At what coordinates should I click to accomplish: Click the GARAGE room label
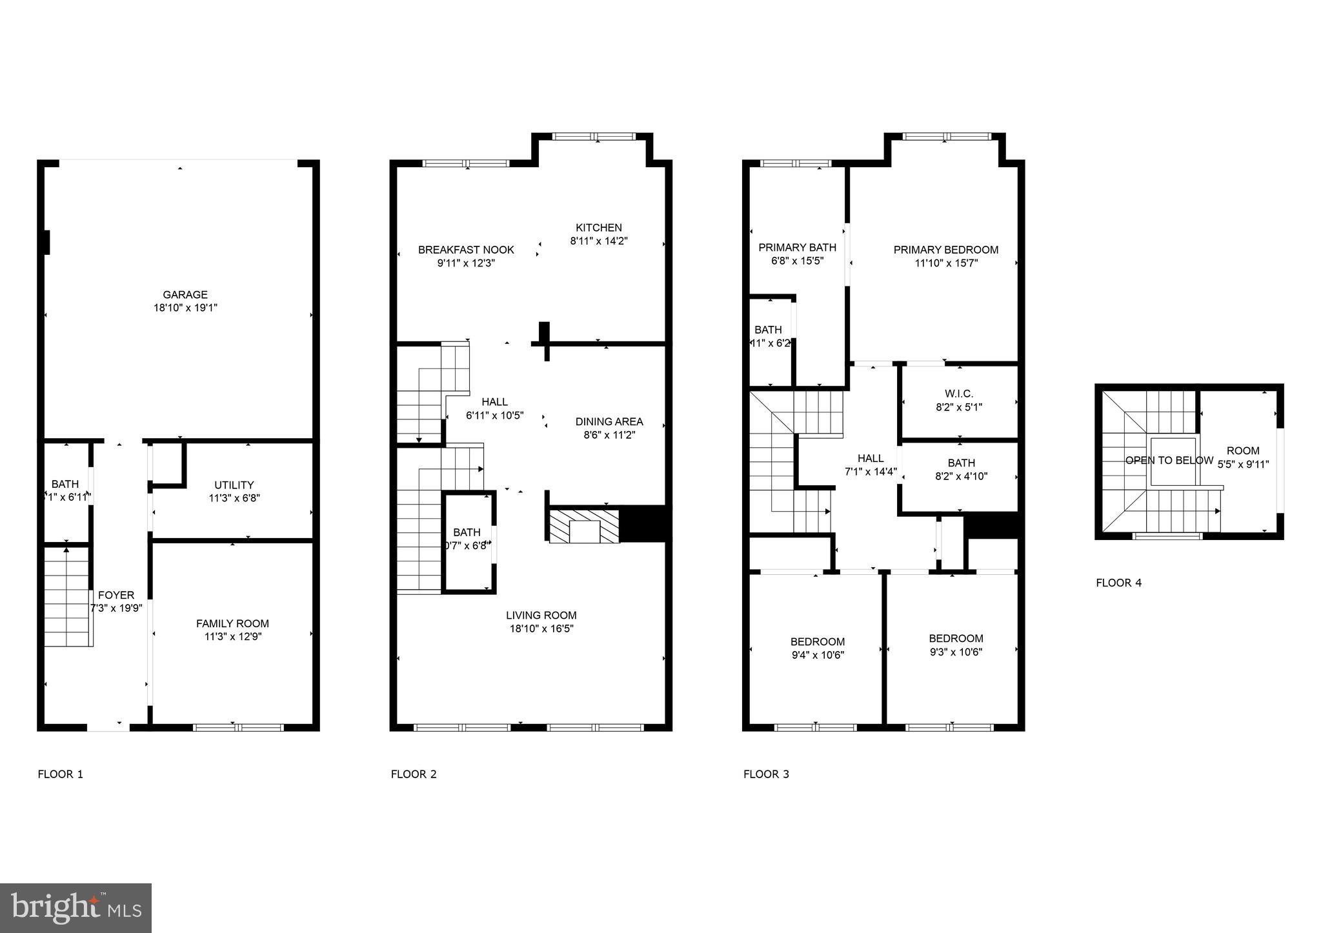click(185, 295)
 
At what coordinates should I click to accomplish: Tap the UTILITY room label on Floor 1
click(234, 485)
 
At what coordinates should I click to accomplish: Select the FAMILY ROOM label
click(232, 623)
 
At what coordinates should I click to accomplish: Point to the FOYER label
click(116, 595)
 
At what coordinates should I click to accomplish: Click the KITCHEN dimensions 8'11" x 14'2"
click(598, 241)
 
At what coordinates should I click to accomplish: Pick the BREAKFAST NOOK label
click(466, 250)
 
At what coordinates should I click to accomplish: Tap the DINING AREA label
click(609, 421)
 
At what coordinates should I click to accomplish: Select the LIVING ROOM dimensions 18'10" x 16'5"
click(541, 628)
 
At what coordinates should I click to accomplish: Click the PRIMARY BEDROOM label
click(945, 250)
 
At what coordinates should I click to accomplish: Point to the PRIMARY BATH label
click(797, 247)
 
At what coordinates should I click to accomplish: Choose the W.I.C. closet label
click(958, 394)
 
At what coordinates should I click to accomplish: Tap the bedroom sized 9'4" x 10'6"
click(817, 648)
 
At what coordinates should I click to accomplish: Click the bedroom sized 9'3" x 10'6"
click(956, 645)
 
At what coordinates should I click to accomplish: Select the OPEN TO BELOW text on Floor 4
click(1169, 460)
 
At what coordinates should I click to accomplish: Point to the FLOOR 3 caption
click(766, 774)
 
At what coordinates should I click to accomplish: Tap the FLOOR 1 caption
click(61, 774)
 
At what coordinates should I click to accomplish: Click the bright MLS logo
click(76, 908)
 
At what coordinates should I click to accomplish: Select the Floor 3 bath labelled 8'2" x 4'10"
click(961, 469)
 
